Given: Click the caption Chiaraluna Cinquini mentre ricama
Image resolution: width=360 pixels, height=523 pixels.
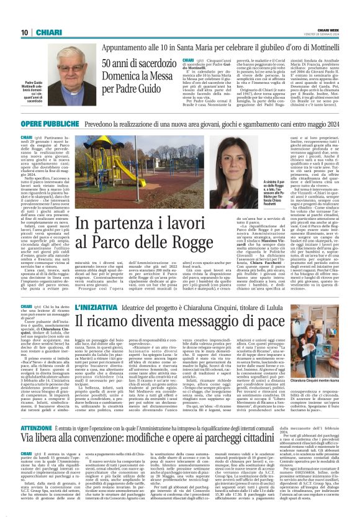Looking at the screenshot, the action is tap(316, 380).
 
